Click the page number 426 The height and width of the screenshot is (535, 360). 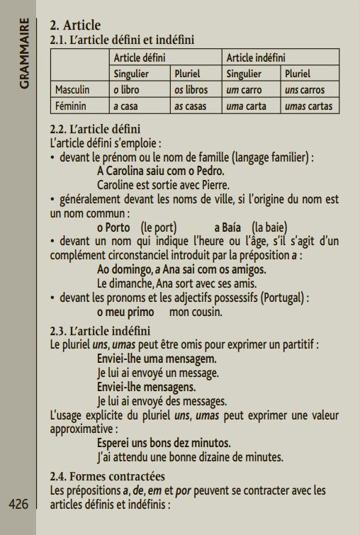click(x=18, y=505)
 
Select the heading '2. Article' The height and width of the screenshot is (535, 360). click(x=75, y=26)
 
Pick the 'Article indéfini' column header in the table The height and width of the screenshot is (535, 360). click(x=255, y=57)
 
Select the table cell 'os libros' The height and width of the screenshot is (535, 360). click(x=191, y=90)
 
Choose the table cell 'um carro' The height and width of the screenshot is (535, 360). click(x=246, y=90)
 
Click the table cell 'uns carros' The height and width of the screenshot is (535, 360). click(x=305, y=90)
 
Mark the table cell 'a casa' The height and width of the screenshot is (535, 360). click(x=128, y=106)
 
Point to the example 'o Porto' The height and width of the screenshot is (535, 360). click(x=113, y=227)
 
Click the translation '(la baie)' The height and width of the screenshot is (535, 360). click(x=269, y=227)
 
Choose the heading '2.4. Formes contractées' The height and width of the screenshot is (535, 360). click(x=107, y=476)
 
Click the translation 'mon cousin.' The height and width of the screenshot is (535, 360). click(x=196, y=312)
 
